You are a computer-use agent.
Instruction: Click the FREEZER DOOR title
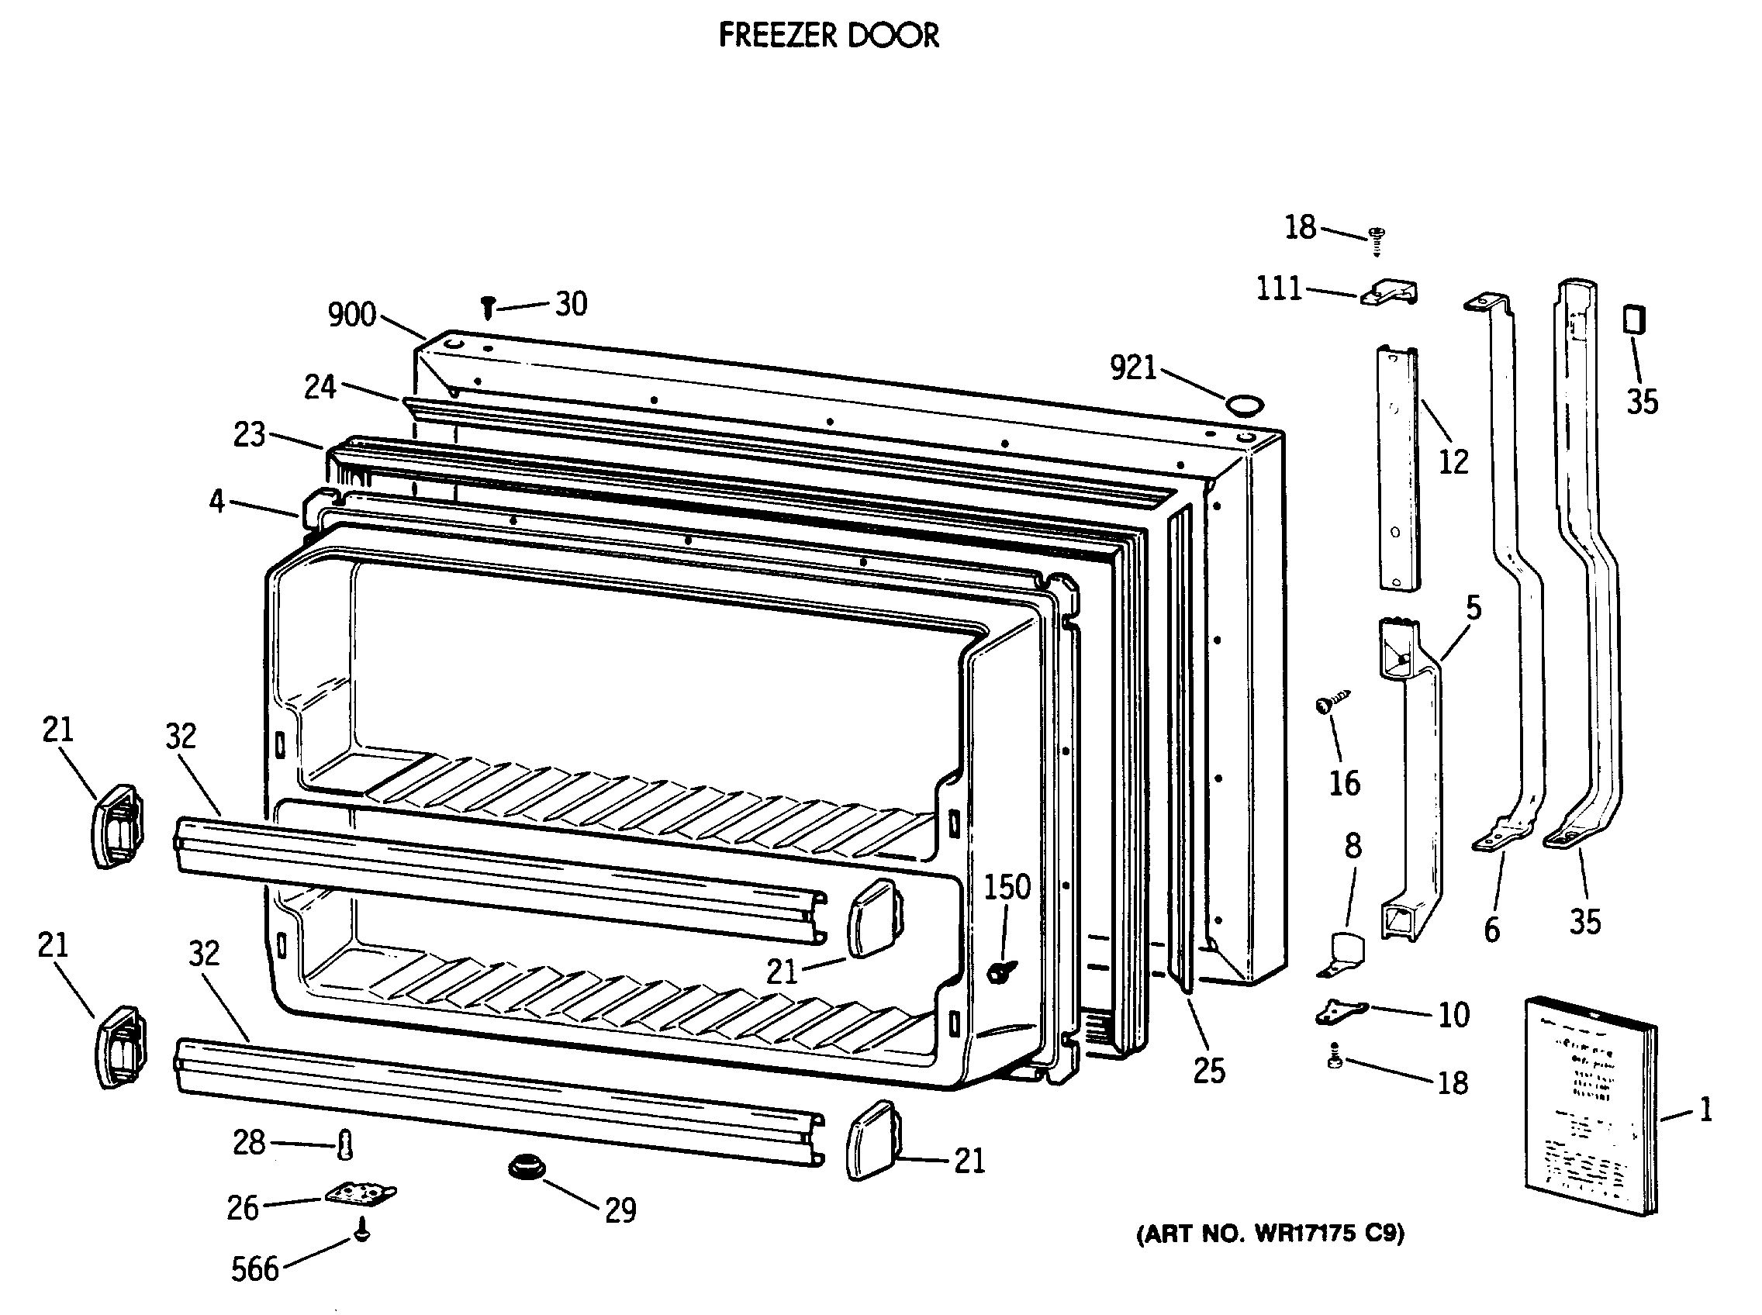coord(828,35)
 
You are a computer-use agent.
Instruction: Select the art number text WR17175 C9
coord(1269,1233)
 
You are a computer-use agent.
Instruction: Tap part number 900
coord(352,316)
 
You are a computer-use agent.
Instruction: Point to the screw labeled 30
coord(488,306)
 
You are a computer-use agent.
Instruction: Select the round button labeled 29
coord(527,1168)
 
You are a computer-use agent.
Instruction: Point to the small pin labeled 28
coord(344,1144)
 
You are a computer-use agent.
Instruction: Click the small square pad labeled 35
coord(1634,320)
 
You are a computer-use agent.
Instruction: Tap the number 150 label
coord(1007,887)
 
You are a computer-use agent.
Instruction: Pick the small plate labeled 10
coord(1340,1011)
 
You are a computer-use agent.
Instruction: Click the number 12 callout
coord(1453,461)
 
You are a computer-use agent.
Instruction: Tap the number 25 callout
coord(1208,1072)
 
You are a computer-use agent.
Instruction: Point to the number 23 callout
coord(249,435)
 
